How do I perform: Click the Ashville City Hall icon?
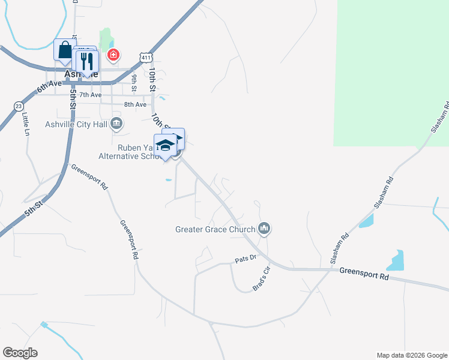(117, 124)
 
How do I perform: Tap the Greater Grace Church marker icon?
(264, 229)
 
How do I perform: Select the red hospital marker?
(112, 56)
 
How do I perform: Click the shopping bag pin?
(64, 50)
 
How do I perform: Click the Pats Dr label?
(245, 260)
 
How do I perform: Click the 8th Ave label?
(135, 104)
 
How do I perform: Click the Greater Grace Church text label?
(215, 229)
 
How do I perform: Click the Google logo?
(20, 353)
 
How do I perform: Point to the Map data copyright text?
(411, 355)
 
